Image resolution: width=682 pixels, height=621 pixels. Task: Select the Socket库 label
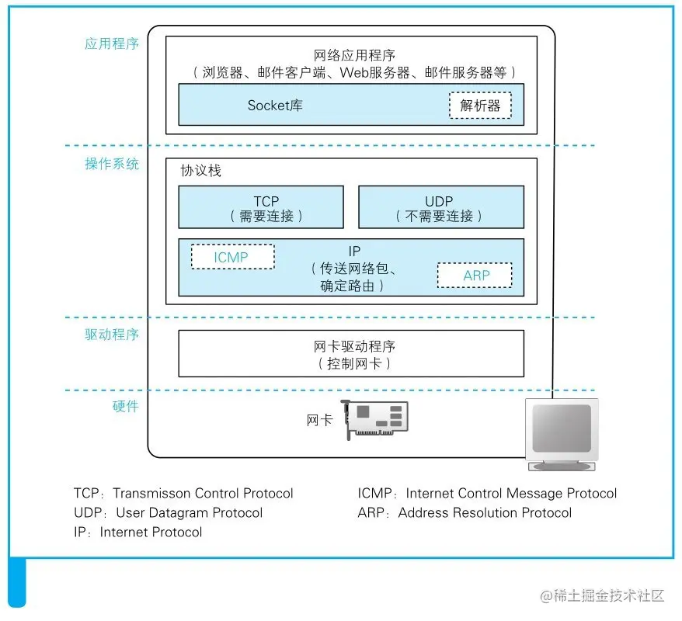275,105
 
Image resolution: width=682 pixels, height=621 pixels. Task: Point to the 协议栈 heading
200,170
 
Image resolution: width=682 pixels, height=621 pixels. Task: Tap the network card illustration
374,419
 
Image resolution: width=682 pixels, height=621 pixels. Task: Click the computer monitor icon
562,435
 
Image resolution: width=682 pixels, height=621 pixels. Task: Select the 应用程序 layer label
112,44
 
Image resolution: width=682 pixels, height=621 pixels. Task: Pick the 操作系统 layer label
112,164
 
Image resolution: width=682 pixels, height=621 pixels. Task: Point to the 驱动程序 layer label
112,335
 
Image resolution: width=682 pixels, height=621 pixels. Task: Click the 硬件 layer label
125,406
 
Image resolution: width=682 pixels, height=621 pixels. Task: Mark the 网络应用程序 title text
354,55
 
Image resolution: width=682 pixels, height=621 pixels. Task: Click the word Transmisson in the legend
151,493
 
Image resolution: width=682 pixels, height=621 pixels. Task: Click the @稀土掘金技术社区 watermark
602,596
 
